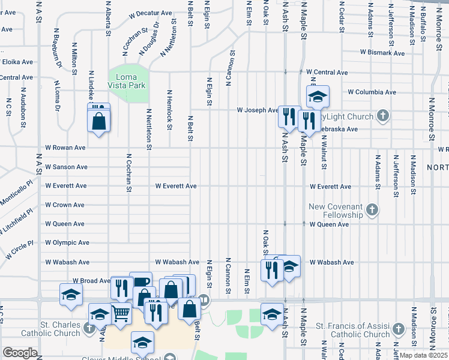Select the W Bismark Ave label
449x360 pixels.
[x=382, y=53]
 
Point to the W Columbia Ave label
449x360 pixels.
[x=372, y=92]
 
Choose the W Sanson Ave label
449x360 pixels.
[x=66, y=167]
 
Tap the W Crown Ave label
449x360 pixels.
[x=64, y=205]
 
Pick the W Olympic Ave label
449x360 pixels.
[x=67, y=243]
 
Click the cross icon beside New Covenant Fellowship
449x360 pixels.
[x=372, y=209]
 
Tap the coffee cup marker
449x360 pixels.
[x=142, y=282]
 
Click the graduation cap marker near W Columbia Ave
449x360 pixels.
[x=318, y=96]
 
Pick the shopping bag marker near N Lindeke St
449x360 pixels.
[x=98, y=121]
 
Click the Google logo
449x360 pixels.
[x=20, y=353]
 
